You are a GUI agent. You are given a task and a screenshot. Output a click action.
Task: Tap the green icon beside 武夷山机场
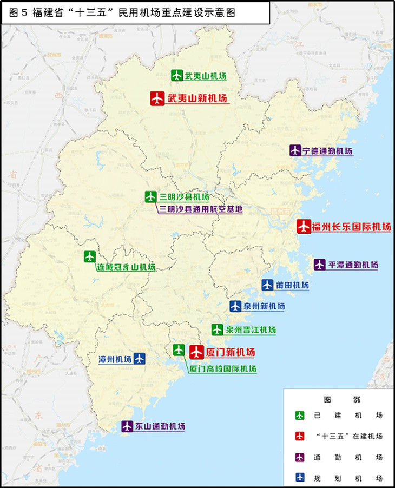coord(177,76)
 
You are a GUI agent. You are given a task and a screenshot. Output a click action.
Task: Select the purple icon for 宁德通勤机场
coord(295,151)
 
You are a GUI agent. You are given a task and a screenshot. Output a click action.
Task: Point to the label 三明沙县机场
coord(184,197)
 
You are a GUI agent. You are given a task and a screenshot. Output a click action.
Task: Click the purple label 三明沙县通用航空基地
coord(201,209)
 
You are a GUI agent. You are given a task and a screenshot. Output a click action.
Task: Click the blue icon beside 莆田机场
coord(267,285)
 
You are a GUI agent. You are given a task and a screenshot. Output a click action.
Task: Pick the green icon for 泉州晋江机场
coord(217,329)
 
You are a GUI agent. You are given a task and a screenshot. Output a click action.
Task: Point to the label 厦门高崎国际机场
coord(223,369)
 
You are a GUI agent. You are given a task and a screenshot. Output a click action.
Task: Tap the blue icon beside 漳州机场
coord(139,358)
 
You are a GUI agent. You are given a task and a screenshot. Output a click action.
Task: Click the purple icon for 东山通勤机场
coord(127,426)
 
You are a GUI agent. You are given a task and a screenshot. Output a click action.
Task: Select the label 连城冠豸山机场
coord(126,267)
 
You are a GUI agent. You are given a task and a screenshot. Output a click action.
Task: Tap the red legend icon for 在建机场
coord(300,436)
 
